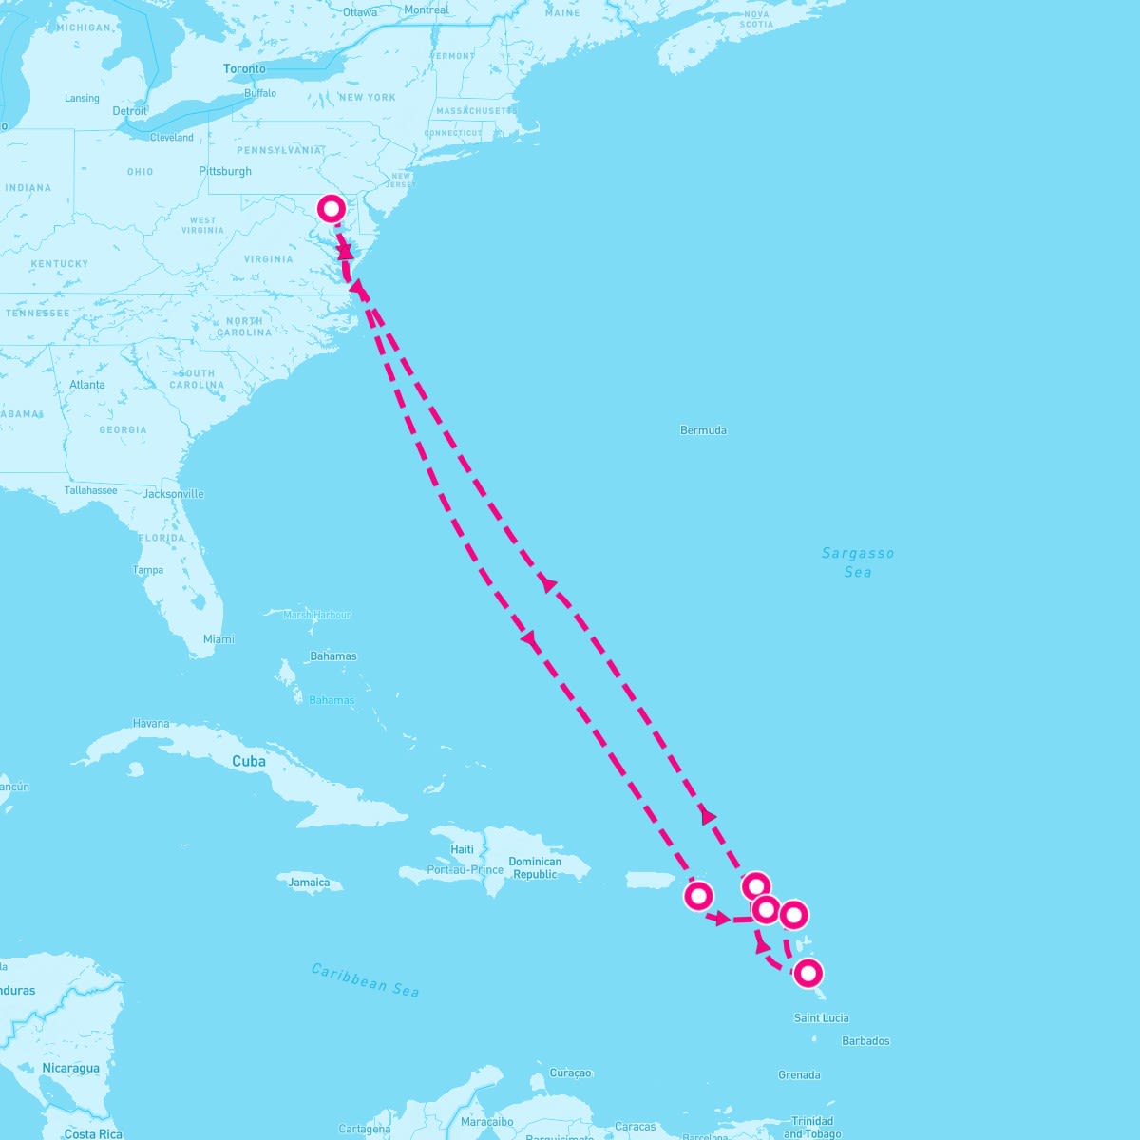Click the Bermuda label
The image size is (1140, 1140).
tap(703, 430)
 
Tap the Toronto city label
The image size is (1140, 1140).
tap(244, 69)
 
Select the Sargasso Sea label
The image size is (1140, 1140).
tap(858, 562)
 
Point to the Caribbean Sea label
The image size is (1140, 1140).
tap(365, 979)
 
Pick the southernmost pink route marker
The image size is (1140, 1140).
tap(807, 973)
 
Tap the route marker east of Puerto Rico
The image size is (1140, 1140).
tap(698, 895)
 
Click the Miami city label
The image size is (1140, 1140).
tap(218, 639)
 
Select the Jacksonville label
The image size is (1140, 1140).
tap(174, 494)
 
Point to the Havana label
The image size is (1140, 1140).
tap(151, 724)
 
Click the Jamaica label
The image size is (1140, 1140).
tap(309, 883)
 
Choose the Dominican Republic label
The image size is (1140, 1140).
tap(535, 868)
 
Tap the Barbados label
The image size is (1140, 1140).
tap(865, 1041)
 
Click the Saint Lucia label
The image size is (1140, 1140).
tap(821, 1018)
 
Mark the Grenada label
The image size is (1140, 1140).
tap(799, 1075)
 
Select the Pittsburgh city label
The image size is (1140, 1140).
tap(225, 172)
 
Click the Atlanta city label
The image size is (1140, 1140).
tap(87, 385)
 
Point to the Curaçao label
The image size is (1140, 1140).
tap(570, 1073)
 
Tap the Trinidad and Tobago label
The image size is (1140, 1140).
tap(812, 1128)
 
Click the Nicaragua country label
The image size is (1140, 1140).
tap(70, 1069)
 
